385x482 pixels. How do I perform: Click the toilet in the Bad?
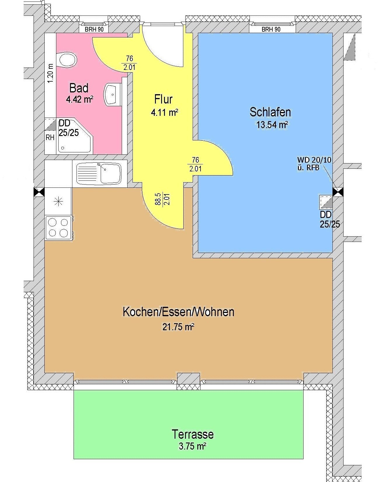click(68, 60)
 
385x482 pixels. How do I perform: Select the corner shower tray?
click(75, 136)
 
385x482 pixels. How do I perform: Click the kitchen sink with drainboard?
click(99, 174)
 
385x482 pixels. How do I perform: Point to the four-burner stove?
click(58, 228)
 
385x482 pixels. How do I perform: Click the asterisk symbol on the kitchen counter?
click(59, 202)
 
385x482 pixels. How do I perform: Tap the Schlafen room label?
click(270, 112)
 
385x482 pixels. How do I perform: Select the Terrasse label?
click(193, 434)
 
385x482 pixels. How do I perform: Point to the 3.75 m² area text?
click(192, 446)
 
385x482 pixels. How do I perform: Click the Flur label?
click(163, 99)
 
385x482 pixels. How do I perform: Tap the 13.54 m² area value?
click(272, 125)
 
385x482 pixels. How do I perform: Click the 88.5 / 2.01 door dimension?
click(162, 199)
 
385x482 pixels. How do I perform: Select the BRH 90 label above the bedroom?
click(271, 29)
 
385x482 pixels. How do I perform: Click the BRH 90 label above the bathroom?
click(94, 29)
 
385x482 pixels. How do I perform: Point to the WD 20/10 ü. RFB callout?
click(314, 163)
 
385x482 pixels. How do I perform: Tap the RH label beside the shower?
click(50, 137)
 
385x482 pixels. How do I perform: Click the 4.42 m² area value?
click(79, 99)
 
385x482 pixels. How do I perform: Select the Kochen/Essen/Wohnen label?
click(178, 312)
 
